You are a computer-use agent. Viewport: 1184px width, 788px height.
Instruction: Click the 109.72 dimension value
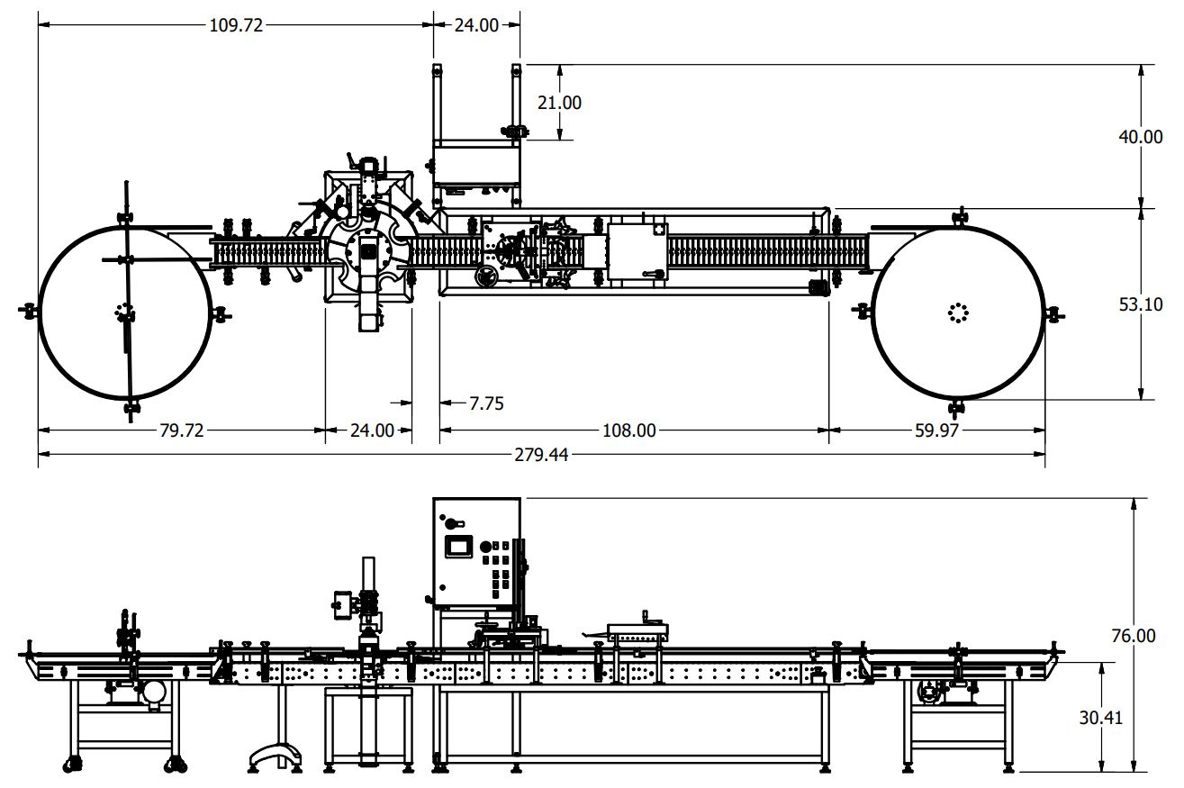[x=236, y=25]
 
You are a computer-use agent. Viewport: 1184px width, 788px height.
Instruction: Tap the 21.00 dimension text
[x=559, y=103]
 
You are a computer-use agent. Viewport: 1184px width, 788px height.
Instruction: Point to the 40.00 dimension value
[x=1140, y=137]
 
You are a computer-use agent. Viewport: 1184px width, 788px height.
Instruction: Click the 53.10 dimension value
[x=1140, y=304]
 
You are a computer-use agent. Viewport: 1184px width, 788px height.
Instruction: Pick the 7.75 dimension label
[x=486, y=403]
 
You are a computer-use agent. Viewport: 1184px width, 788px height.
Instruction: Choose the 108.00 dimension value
[x=628, y=430]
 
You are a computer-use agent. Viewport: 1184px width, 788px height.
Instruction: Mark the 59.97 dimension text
[x=936, y=430]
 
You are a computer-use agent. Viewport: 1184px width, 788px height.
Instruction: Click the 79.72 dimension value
[x=182, y=430]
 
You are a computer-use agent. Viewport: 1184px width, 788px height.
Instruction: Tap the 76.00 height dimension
[x=1134, y=636]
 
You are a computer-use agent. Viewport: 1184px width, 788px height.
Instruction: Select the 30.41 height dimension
[x=1100, y=718]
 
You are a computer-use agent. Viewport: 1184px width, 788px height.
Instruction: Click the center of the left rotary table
[x=124, y=312]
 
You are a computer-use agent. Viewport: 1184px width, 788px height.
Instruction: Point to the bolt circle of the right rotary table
[x=957, y=312]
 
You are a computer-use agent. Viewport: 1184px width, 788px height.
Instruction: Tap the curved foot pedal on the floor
[x=274, y=755]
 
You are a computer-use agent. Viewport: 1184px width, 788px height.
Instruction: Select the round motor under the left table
[x=154, y=692]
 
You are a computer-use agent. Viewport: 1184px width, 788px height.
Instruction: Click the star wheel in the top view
[x=368, y=252]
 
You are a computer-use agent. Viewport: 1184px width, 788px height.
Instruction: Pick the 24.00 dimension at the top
[x=475, y=25]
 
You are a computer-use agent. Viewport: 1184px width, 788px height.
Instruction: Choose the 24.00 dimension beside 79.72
[x=372, y=430]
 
